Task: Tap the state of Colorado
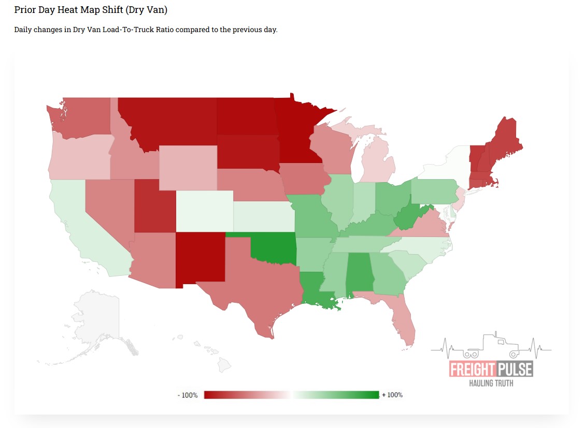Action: [204, 211]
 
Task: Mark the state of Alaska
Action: [98, 321]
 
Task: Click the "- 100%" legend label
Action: [188, 395]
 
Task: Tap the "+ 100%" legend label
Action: [392, 395]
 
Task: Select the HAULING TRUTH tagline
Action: [490, 383]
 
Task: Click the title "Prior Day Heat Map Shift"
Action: [91, 10]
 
